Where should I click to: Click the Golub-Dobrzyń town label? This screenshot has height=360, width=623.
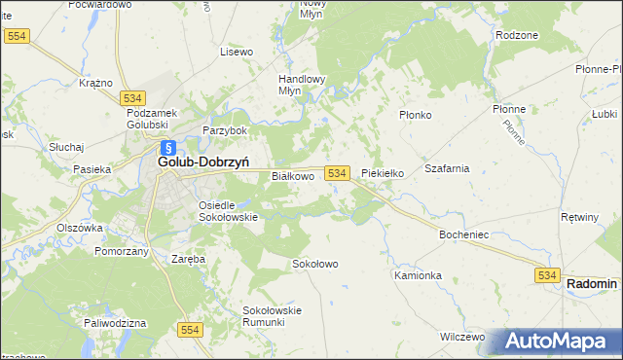[204, 163]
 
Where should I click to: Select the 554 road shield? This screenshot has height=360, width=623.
[190, 331]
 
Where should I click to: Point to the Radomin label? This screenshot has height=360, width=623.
[592, 283]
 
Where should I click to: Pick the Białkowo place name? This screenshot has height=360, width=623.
[292, 176]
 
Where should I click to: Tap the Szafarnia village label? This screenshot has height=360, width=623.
[447, 168]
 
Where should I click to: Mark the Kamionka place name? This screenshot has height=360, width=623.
[418, 275]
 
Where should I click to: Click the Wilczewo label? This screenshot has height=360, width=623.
[461, 336]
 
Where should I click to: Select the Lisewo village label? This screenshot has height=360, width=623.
[237, 52]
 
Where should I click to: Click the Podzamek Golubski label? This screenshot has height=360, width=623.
[148, 119]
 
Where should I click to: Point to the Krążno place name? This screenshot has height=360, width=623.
[96, 84]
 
